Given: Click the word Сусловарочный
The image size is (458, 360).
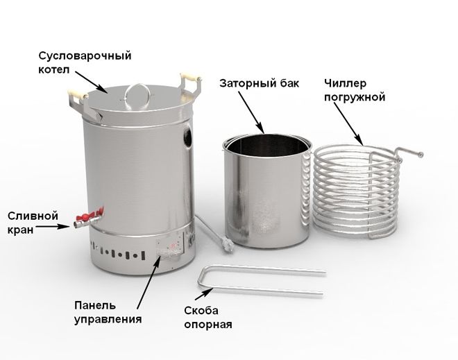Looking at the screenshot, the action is coord(85,55).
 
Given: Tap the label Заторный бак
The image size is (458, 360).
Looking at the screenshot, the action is coord(260,83).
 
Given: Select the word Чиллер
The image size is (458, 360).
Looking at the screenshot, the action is coord(345,83).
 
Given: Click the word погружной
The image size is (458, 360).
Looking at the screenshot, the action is coord(355,97).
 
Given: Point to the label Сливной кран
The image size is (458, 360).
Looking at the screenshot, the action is coord(33,223).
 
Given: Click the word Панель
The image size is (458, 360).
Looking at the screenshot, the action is coord(95,306).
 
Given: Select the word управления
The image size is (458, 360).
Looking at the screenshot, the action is coord(108,319).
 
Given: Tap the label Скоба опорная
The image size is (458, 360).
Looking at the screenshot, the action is coord(208,318).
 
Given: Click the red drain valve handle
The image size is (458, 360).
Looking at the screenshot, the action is coord(90,215).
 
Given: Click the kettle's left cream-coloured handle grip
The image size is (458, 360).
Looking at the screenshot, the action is coord(78,94).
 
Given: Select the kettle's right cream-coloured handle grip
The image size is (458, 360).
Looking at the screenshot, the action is coord(190,77).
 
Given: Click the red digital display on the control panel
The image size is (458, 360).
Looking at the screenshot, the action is coord(173,246).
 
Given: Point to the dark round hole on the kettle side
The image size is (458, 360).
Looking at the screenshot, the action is coord(187,137).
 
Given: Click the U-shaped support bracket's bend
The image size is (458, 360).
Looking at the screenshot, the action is coord(201,277).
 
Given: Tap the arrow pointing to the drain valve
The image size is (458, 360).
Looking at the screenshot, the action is coord(53,226).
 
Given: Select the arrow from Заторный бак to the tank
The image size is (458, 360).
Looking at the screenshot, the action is coord(251,112).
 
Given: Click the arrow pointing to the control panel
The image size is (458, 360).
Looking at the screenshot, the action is coord(149,282).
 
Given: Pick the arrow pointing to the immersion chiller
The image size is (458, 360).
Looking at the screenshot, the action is coord(349,124).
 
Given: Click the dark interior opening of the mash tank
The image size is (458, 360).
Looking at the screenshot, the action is coord(268,144).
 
